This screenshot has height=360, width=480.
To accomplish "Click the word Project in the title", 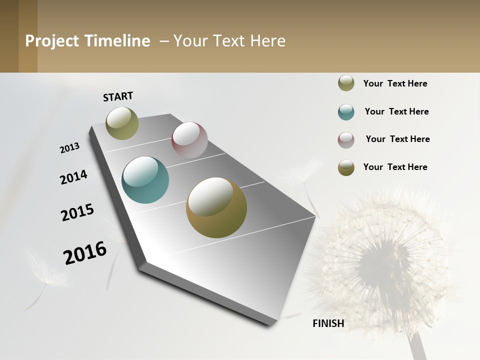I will tap(51, 41).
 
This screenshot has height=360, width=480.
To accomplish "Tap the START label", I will tap(118, 96).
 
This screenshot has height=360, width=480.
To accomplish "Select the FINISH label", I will tap(328, 323).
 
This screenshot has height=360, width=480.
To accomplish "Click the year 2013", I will tap(70, 147).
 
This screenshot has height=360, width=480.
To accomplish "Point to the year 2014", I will tap(73, 177).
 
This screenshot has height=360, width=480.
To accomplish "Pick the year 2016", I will tap(85, 253).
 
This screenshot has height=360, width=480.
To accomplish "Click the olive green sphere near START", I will tap(122, 123).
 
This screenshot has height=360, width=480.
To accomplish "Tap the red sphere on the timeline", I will tap(189, 140).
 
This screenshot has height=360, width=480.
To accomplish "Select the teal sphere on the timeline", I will tap(145, 180).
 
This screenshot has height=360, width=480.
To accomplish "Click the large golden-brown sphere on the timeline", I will tap(216, 207).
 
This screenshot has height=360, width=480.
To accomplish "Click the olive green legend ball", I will tap(346, 83).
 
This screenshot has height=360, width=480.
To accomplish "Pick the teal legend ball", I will tap(346, 112).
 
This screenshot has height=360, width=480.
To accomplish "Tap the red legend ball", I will tap(346, 140).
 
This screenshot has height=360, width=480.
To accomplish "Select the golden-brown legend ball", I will tap(346, 167).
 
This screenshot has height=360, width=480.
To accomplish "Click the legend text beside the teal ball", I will tap(396, 111).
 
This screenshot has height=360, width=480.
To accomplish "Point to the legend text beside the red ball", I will tap(397, 139).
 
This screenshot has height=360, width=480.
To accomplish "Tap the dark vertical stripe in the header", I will tap(27, 36).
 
